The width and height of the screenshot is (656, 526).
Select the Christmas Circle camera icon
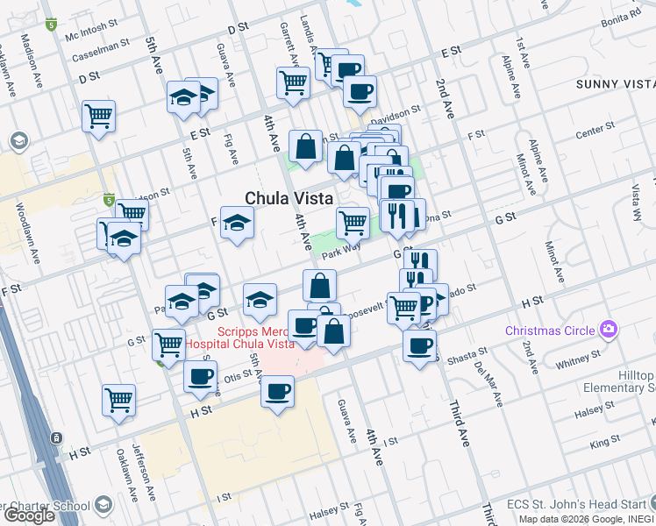tap(608, 331)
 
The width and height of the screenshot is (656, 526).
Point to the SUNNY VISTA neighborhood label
tap(616, 84)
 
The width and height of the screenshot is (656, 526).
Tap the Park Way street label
tap(341, 251)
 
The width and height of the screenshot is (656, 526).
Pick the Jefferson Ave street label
tap(139, 469)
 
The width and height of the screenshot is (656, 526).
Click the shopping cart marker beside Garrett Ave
tap(293, 82)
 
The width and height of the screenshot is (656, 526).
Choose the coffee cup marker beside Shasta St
tap(419, 345)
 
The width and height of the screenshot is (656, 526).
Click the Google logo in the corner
tap(28, 515)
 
